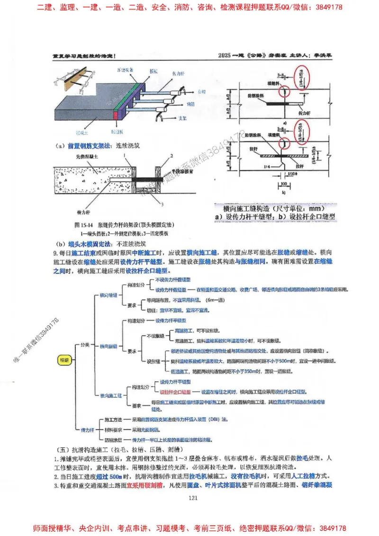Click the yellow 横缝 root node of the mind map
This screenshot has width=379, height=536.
[64, 359]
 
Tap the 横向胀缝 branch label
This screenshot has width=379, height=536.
[108, 347]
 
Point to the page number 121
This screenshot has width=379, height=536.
[192, 497]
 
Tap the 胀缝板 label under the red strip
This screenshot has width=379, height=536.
[117, 134]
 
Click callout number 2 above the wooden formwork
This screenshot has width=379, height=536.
[172, 155]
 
